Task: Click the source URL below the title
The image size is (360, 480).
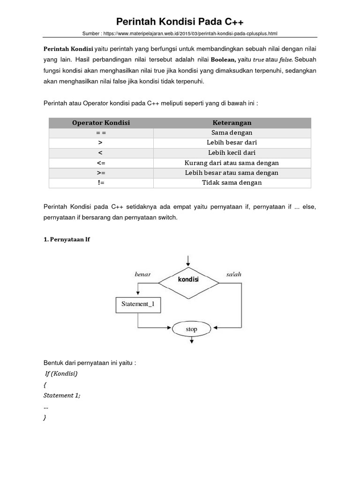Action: coord(180,34)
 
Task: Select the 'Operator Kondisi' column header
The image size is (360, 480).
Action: coord(101,123)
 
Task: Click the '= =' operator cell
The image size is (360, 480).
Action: coord(101,133)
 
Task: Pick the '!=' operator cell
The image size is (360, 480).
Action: coord(101,183)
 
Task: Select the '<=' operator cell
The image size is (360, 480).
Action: coord(101,163)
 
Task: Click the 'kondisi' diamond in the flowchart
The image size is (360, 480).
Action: coord(188,280)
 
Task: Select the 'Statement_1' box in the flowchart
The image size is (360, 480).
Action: coord(138,304)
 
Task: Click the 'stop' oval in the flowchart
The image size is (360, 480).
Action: coord(191,329)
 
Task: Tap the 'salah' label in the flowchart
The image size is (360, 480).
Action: coord(233,274)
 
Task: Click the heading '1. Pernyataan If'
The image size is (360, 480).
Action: coord(66,240)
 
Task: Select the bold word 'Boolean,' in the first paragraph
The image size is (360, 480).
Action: coord(225,60)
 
